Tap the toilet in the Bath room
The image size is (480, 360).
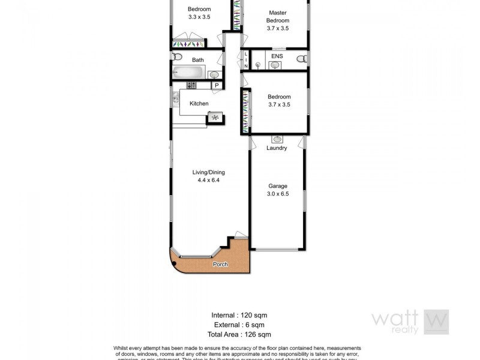pos(176,57)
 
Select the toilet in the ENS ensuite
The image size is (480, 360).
pos(301,58)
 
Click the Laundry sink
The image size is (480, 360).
pos(277,139)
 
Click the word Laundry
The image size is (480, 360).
pos(277,148)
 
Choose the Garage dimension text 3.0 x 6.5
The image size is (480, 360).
pos(278,194)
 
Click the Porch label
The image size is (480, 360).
pos(220,265)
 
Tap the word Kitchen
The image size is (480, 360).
pos(199,104)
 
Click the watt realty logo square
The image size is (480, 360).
pos(436,322)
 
